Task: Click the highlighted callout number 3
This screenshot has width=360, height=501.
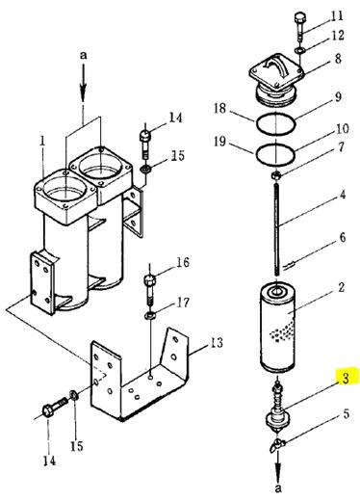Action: (x=346, y=378)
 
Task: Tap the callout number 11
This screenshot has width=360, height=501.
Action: (x=337, y=16)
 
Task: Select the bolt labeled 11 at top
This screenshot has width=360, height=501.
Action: (x=299, y=26)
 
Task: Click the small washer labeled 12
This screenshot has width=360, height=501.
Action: (x=299, y=49)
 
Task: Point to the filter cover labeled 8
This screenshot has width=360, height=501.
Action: (x=276, y=79)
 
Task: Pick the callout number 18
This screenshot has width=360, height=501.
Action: (x=220, y=108)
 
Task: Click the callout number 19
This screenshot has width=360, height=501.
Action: (x=220, y=141)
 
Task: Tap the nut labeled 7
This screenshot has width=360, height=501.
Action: (x=276, y=175)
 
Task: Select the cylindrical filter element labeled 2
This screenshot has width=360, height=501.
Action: (x=277, y=327)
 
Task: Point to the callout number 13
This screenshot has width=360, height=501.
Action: (x=217, y=343)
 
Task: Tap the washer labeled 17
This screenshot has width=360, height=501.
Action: (x=150, y=316)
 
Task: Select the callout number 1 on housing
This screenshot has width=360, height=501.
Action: (x=42, y=142)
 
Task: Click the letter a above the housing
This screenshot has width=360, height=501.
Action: (x=84, y=56)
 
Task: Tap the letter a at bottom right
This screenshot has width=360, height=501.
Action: (x=278, y=488)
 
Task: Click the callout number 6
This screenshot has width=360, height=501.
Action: (x=343, y=237)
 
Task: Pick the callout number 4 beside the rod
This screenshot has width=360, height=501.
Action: (x=343, y=195)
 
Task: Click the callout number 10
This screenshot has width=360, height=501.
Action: (x=342, y=129)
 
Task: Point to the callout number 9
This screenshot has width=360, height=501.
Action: (x=338, y=97)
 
